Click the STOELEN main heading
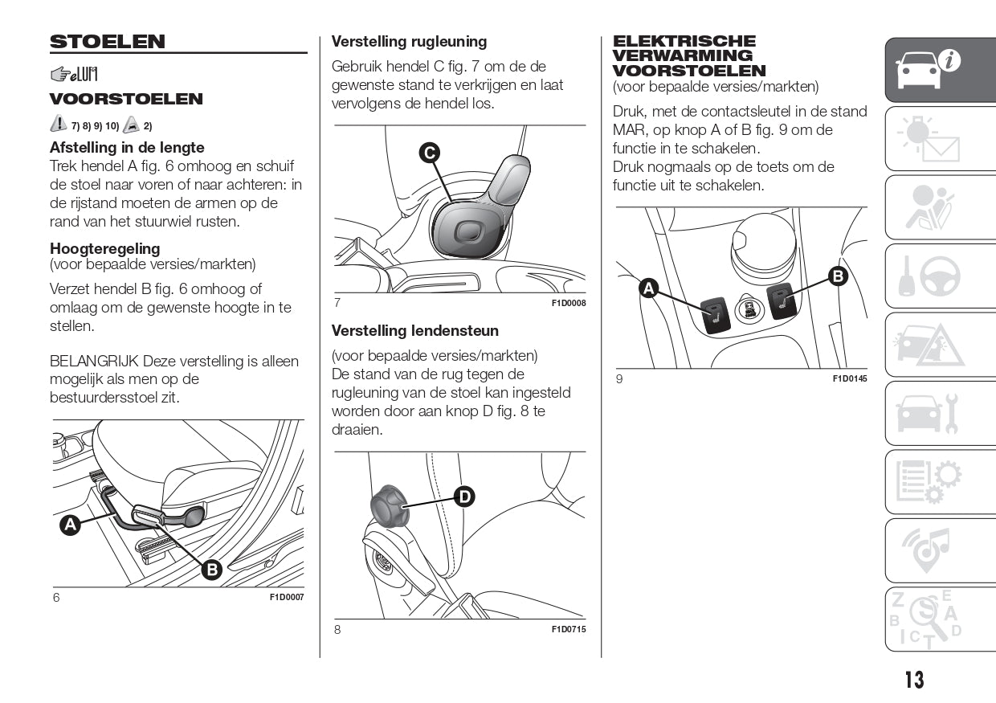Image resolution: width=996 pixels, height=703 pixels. click(108, 42)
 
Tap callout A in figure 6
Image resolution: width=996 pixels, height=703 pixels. click(71, 525)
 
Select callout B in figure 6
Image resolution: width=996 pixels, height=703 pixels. click(211, 570)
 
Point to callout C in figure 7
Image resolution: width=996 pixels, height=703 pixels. click(429, 152)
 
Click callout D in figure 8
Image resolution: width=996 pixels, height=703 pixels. click(464, 497)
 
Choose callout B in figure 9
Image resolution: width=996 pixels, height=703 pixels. click(838, 276)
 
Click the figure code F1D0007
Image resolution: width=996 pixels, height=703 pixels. click(287, 597)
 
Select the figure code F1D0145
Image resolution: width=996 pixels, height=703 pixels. click(850, 378)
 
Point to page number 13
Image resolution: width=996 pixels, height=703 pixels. click(914, 680)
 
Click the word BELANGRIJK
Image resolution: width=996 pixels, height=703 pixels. click(94, 362)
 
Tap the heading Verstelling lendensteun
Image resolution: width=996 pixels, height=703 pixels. click(414, 331)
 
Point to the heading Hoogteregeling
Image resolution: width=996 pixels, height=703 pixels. click(104, 248)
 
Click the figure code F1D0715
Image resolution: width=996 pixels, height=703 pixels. click(568, 629)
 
